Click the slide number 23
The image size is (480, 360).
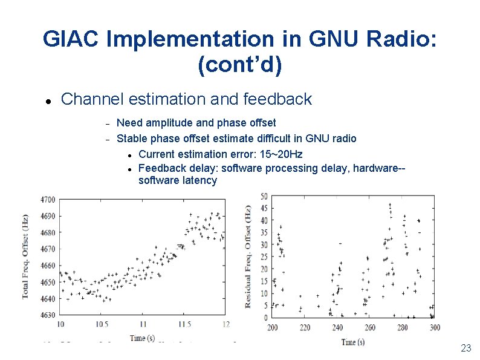point(465,348)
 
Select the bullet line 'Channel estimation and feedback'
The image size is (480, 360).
point(186,99)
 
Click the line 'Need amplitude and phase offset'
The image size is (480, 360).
point(196,123)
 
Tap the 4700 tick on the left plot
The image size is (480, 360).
point(48,200)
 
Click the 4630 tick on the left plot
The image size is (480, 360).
point(48,315)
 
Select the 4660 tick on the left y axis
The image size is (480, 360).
point(48,266)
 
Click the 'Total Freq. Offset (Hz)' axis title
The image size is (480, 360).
point(26,257)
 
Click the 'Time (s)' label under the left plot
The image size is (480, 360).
point(146,338)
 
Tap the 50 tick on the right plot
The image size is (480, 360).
point(264,197)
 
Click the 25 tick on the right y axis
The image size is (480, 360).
point(264,257)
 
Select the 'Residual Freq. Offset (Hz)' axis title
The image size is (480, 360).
point(248,257)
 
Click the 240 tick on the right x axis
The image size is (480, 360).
point(337,327)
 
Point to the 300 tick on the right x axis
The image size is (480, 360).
point(434,327)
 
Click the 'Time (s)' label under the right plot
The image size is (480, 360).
point(352,342)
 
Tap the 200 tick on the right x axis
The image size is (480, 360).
point(273,327)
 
